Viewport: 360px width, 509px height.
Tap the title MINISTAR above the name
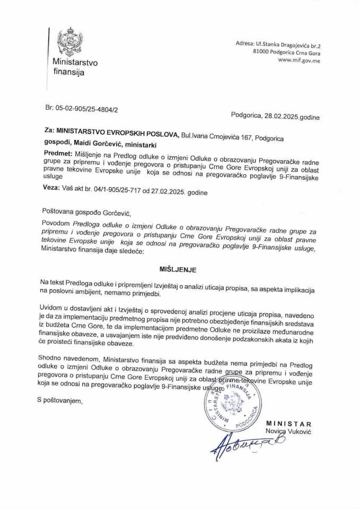(289, 425)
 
